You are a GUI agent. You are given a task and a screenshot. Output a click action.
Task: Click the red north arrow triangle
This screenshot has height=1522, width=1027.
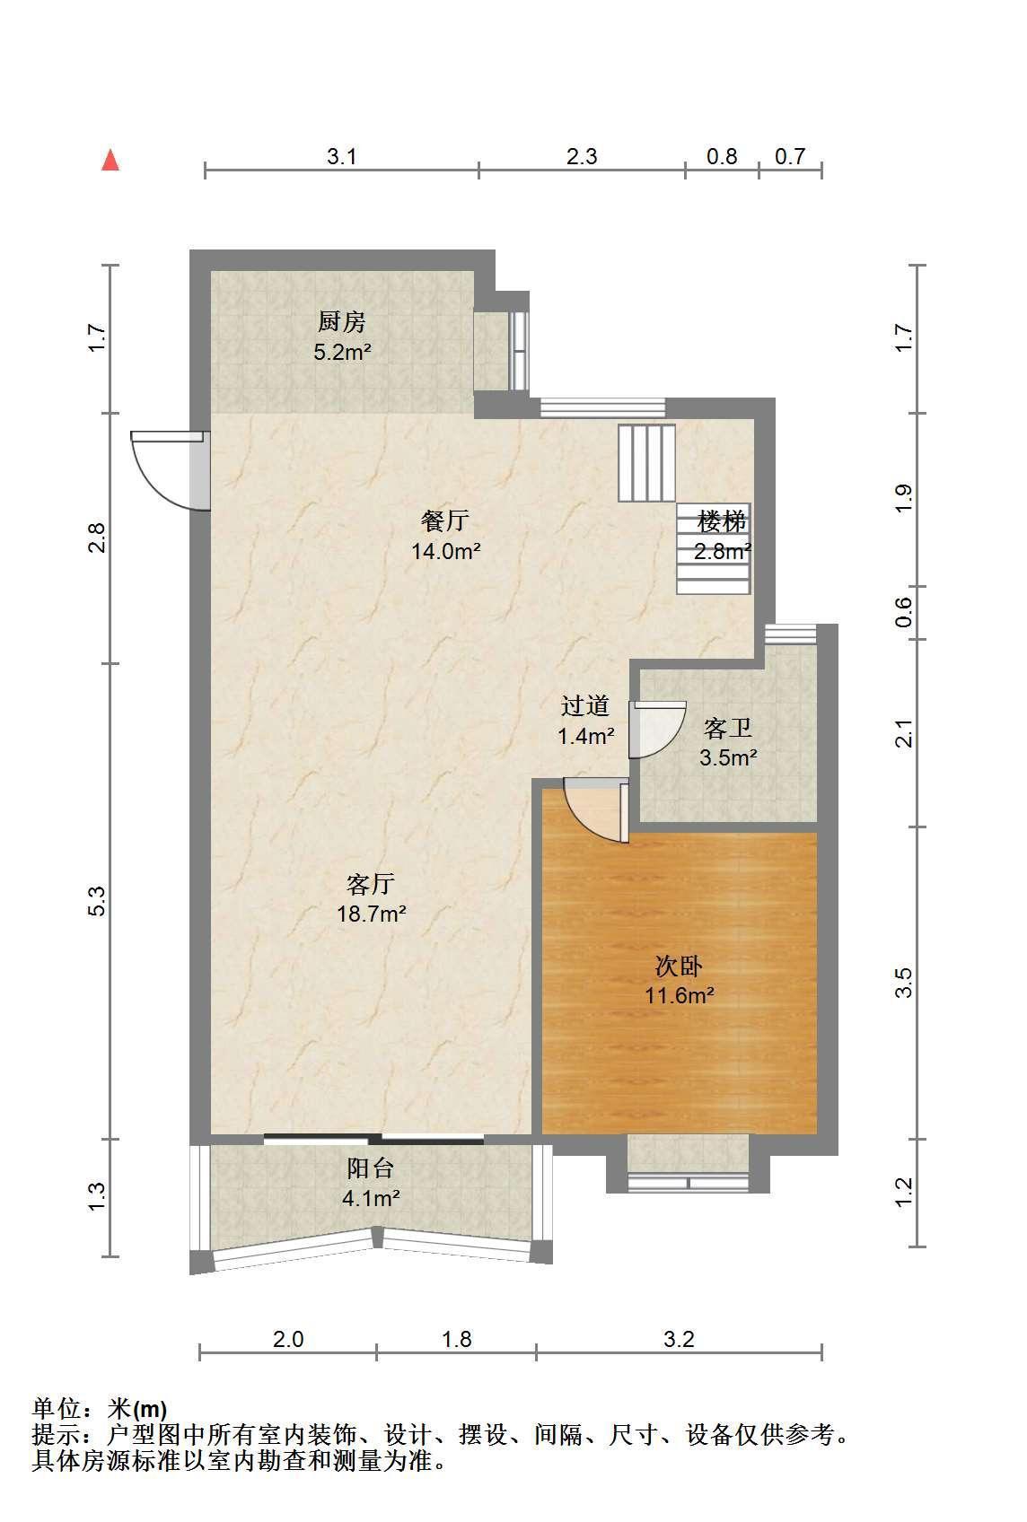[x=110, y=161]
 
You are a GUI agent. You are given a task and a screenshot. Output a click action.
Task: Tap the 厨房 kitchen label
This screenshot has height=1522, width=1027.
[x=341, y=321]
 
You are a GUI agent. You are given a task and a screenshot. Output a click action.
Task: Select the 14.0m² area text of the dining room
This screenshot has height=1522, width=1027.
[x=446, y=551]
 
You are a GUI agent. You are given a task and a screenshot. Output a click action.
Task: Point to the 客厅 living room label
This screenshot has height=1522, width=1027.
[x=371, y=884]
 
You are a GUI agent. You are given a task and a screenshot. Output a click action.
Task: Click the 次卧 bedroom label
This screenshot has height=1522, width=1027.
[x=679, y=966]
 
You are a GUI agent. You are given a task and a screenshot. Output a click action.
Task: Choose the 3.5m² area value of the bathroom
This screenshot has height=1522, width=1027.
[x=729, y=757]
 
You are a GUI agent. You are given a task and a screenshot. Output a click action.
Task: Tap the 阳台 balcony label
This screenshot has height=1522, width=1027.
[x=371, y=1168]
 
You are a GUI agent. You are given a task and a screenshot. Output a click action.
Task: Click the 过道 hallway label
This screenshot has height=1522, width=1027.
[x=585, y=706]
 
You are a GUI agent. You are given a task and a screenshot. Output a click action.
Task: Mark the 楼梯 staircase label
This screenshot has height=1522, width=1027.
[x=722, y=521]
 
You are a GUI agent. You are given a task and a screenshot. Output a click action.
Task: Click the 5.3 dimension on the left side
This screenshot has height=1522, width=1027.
[x=97, y=901]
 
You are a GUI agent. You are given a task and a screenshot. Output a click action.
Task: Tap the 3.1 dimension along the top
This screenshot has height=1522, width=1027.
[x=341, y=156]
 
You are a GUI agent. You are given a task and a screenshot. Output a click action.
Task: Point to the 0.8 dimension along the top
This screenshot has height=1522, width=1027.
[x=722, y=156]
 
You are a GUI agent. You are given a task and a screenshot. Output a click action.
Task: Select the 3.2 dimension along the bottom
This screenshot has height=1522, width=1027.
[x=679, y=1339]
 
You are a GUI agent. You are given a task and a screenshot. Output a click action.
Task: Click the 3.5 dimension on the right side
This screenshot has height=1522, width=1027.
[x=903, y=983]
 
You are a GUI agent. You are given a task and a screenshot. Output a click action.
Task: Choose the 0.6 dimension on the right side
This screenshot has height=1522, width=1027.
[x=903, y=612]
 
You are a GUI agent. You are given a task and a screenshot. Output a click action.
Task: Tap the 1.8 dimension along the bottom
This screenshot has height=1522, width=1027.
[x=457, y=1339]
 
